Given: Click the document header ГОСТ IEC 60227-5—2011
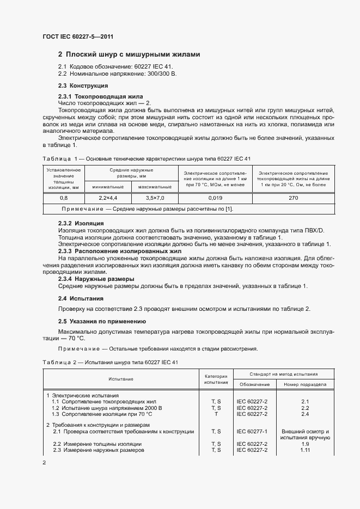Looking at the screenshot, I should [x=77, y=37].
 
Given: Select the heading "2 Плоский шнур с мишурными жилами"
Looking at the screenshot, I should [x=129, y=54].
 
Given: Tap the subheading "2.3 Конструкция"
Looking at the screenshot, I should [x=83, y=85].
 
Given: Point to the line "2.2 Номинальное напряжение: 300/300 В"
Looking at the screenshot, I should [x=117, y=73].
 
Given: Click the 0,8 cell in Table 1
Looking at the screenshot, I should [x=64, y=198].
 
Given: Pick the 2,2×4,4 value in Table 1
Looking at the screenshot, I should [x=108, y=198].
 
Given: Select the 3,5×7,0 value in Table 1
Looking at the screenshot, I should [x=155, y=198].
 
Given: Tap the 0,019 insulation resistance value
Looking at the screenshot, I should [x=215, y=198].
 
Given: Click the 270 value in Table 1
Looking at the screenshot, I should [x=293, y=198].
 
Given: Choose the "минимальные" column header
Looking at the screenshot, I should [x=108, y=187].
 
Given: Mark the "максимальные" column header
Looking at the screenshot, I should [x=155, y=187].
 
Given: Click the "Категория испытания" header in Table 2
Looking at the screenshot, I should [x=216, y=379].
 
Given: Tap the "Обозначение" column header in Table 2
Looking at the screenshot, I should [x=253, y=384].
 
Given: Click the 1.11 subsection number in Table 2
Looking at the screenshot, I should [x=305, y=450].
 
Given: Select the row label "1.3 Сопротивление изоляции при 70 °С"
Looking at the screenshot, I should [x=98, y=414].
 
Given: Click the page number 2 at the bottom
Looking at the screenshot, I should [x=44, y=463].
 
